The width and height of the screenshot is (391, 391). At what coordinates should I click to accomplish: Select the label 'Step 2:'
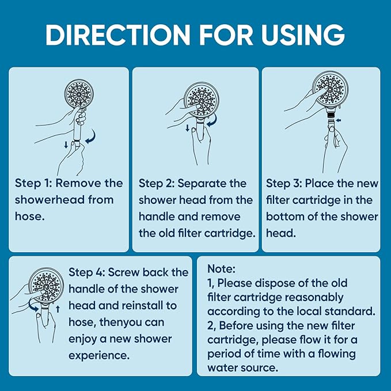tap(156, 183)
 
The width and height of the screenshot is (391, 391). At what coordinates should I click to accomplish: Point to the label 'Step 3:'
tap(284, 183)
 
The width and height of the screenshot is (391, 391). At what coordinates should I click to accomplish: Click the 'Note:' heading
tap(219, 269)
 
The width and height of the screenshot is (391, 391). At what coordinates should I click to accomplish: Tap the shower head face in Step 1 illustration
tap(78, 94)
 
